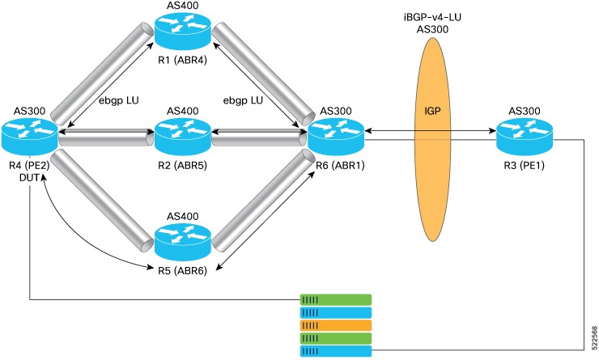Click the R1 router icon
183,32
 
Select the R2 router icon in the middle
183,137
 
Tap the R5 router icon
183,240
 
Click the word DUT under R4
31,180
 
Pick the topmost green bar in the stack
335,299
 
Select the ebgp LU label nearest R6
246,101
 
